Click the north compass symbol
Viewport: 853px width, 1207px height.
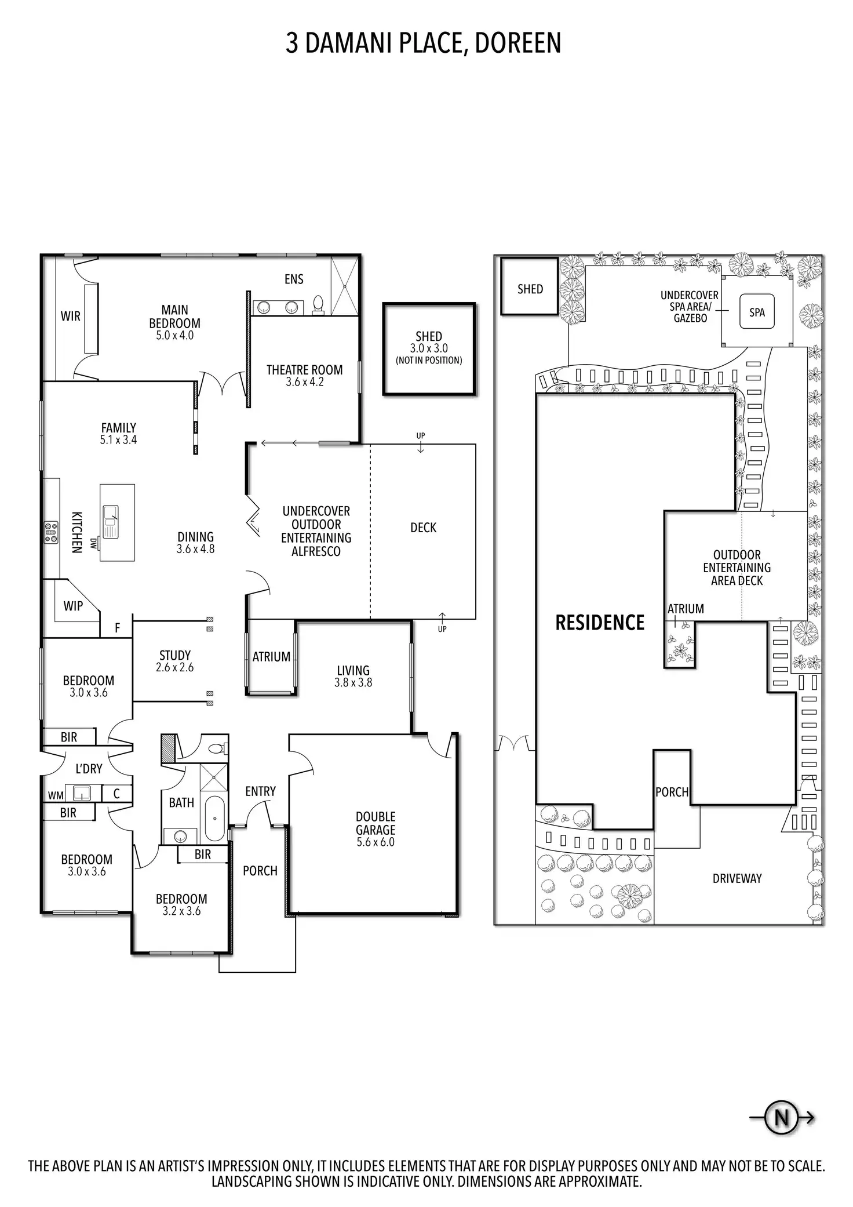[x=781, y=1117]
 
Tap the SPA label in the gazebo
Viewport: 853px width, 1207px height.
[x=757, y=312]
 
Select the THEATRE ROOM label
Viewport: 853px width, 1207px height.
[x=304, y=370]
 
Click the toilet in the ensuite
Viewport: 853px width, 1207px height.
[x=318, y=305]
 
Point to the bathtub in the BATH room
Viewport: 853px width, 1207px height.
[x=215, y=819]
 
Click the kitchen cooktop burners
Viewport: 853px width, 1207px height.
[x=51, y=532]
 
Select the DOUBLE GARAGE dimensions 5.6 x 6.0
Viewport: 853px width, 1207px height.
[x=376, y=842]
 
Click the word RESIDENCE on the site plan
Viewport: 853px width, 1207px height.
[x=600, y=623]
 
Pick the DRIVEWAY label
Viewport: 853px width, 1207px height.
[x=737, y=878]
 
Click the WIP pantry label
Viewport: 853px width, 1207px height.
[x=73, y=606]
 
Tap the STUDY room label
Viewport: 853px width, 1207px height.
[x=175, y=655]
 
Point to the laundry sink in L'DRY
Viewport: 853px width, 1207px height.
[x=80, y=792]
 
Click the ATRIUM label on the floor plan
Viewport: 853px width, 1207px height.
[x=271, y=657]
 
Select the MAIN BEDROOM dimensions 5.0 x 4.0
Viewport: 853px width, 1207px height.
[x=174, y=335]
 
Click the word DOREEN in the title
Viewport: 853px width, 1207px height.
[x=517, y=43]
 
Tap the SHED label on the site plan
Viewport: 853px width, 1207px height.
[x=530, y=289]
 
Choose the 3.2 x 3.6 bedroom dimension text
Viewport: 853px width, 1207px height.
[x=181, y=911]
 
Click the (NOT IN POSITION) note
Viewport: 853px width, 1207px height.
[x=429, y=360]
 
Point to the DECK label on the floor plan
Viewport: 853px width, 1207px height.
[x=423, y=528]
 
